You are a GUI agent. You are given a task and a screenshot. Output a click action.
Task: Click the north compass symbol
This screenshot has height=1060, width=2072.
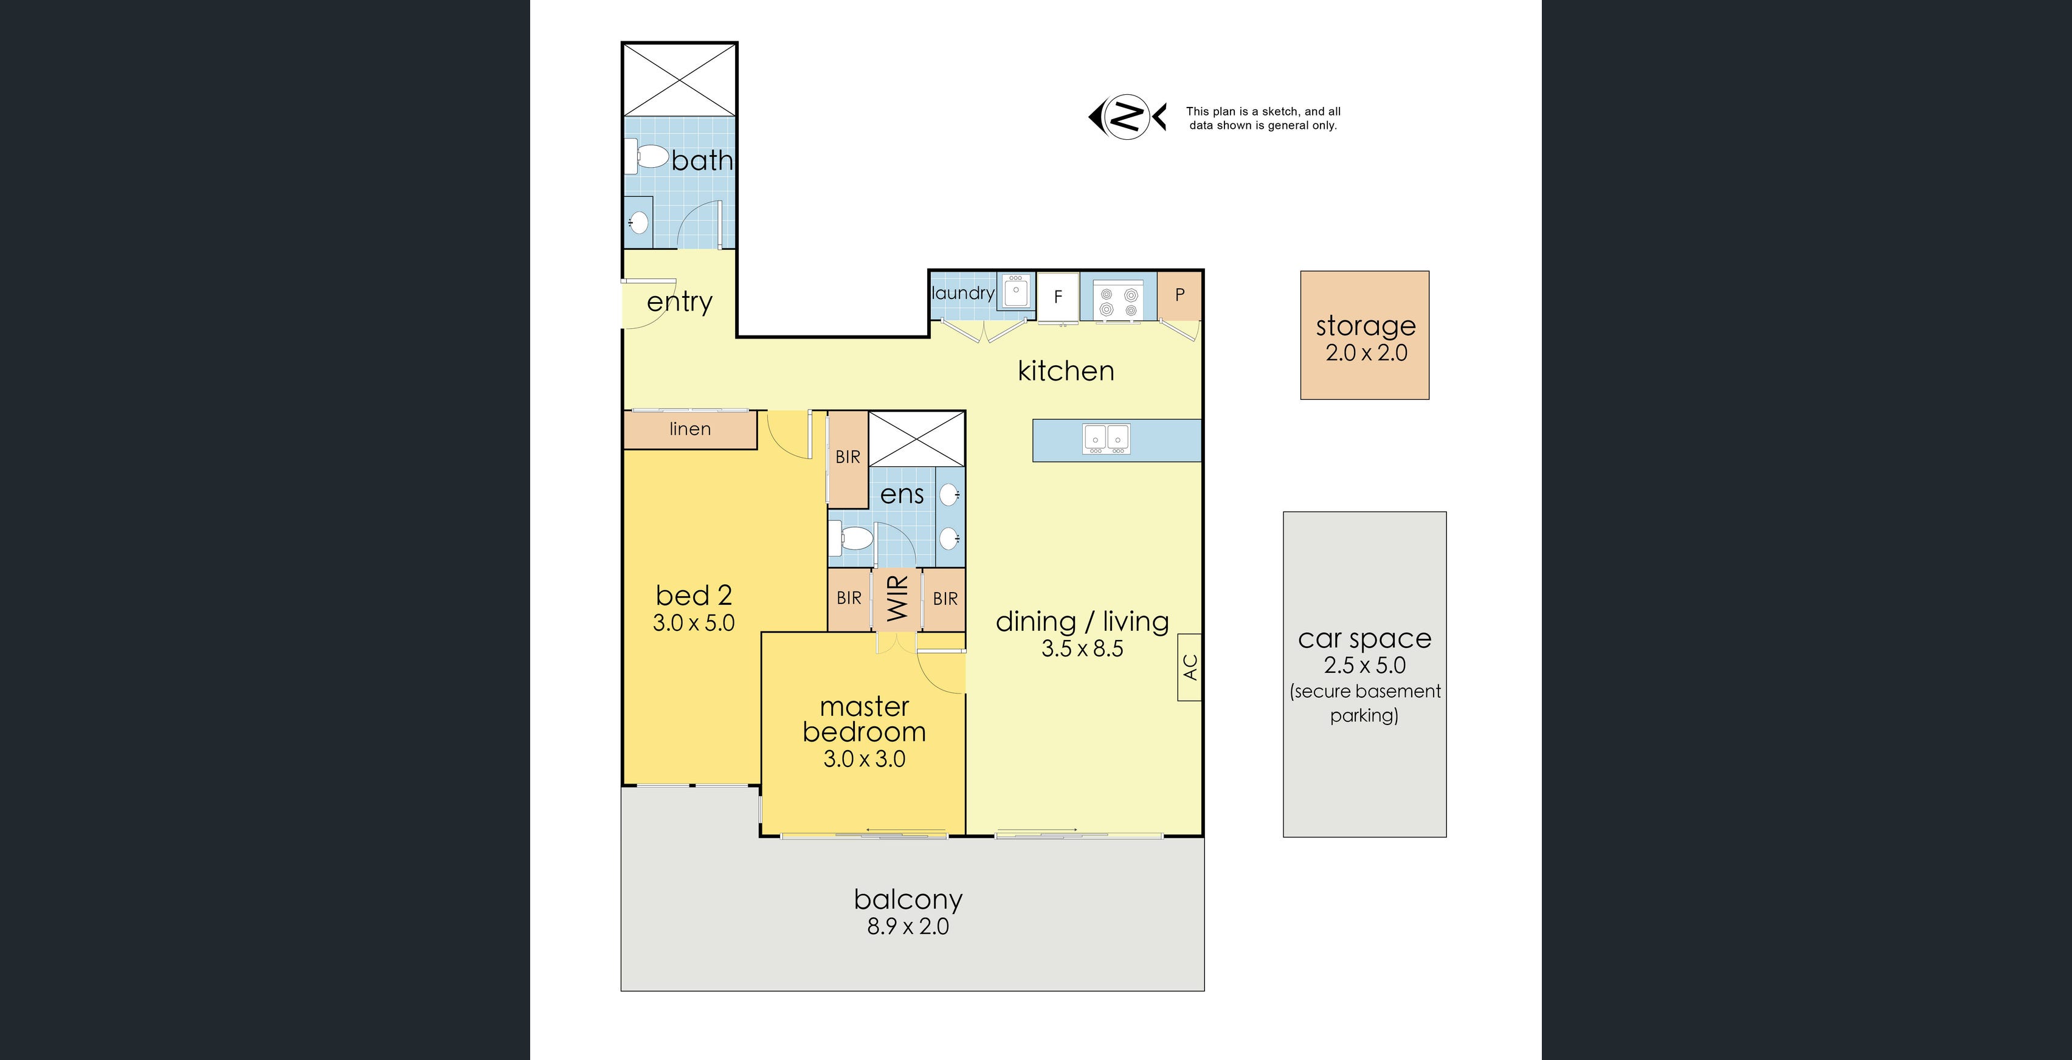point(1127,117)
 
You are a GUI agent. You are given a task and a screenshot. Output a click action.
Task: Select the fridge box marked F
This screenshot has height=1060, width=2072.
point(1058,297)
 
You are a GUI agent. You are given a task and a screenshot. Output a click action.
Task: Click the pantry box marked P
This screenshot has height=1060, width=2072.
point(1179,295)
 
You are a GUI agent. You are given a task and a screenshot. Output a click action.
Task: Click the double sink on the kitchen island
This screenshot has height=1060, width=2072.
point(1107,438)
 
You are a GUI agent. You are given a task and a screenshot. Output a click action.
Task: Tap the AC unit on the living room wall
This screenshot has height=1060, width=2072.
point(1190,667)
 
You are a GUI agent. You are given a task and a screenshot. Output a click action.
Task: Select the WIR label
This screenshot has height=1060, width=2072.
point(897,598)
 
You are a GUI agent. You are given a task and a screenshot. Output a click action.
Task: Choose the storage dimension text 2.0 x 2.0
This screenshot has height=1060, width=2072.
point(1366,353)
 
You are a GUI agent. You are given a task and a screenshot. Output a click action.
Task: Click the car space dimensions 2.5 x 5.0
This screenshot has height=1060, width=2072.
point(1364,665)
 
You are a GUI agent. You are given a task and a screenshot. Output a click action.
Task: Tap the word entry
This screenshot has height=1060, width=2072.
point(680,303)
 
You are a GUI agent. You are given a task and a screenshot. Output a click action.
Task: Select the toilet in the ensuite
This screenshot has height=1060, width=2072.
point(852,537)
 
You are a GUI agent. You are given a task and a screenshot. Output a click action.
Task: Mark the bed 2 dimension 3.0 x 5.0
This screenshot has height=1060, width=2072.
point(693,623)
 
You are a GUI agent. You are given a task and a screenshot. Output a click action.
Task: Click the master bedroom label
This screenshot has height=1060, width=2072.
point(864,719)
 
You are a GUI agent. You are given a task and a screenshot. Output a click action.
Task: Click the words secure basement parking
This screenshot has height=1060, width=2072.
point(1364,703)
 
